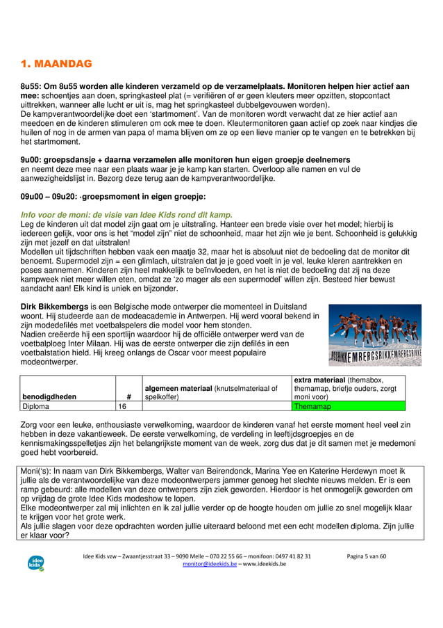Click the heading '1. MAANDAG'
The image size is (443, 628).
56,65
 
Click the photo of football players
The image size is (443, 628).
374,335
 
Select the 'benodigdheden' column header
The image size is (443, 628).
48,397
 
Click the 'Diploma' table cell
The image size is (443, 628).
35,406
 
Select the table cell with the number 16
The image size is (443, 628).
122,406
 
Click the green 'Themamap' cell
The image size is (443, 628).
312,406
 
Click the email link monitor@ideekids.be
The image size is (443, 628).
209,564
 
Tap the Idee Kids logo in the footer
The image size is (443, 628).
36,562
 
